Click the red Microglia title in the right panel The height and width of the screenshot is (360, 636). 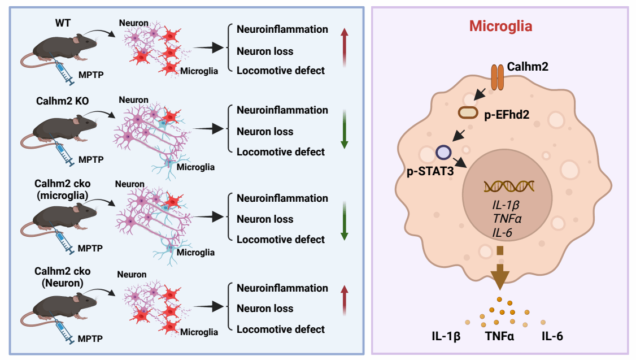coord(501,26)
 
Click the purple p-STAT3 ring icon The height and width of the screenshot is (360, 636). coord(443,153)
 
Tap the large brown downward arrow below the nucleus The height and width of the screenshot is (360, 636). coord(500,274)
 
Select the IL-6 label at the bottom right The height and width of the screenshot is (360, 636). coord(552,337)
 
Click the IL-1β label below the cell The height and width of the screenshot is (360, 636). coord(442,337)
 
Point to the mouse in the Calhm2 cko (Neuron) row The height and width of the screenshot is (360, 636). coord(54,308)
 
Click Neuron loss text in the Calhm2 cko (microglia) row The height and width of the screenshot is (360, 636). coord(265,219)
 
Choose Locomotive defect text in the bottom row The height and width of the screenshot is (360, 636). coord(281,329)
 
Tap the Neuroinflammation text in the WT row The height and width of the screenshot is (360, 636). coord(282,29)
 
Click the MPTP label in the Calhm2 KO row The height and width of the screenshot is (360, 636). coord(91,160)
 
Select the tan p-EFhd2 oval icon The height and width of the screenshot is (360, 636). coord(468,112)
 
